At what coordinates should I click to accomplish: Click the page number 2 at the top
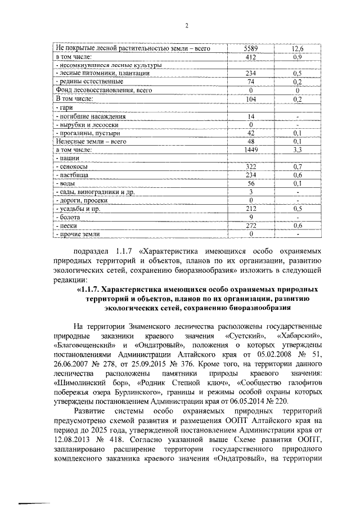pyautogui.click(x=186, y=25)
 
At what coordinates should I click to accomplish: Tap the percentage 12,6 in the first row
pyautogui.click(x=297, y=49)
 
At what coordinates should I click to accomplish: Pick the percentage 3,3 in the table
pyautogui.click(x=297, y=150)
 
